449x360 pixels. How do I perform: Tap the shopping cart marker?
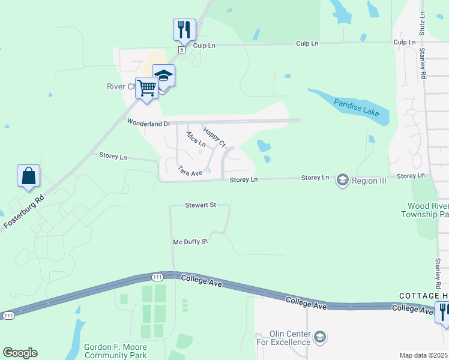(x=146, y=89)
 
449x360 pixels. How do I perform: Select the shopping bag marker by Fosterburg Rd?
(x=28, y=176)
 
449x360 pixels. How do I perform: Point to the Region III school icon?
(x=343, y=179)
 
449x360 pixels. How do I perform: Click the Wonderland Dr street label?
(x=149, y=122)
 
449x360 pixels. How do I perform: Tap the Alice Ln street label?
(x=196, y=139)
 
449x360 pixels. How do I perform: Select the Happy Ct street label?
(x=214, y=137)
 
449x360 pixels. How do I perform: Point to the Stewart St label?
(x=200, y=205)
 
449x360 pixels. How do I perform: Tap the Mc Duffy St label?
(x=190, y=241)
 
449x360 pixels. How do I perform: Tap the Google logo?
(x=20, y=353)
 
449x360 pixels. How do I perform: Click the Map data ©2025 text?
(x=423, y=355)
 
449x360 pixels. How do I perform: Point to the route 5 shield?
(x=180, y=49)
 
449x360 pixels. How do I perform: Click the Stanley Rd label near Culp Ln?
(x=423, y=64)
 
